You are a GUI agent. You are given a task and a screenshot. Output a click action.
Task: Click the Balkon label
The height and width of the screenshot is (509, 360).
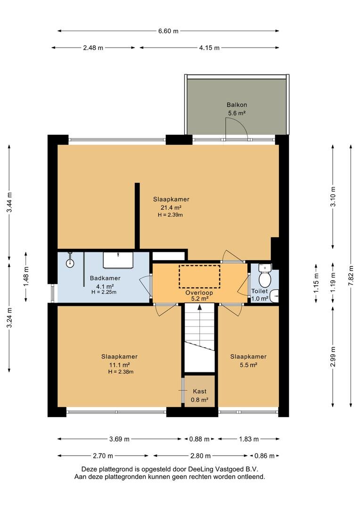click(x=237, y=105)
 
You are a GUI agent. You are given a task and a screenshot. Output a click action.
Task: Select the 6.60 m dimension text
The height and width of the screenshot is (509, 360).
click(x=168, y=31)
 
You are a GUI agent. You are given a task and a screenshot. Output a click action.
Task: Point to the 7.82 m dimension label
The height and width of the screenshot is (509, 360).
click(x=351, y=275)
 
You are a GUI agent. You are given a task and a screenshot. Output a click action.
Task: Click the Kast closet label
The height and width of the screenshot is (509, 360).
click(x=199, y=392)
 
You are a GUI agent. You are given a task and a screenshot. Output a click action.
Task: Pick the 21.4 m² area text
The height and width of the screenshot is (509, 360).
click(x=171, y=208)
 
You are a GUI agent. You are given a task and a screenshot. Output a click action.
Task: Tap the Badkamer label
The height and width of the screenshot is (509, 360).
click(x=105, y=278)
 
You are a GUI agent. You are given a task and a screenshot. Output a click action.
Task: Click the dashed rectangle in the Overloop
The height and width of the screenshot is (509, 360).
click(x=199, y=276)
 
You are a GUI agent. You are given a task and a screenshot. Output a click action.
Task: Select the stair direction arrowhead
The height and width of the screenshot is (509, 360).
click(x=199, y=307)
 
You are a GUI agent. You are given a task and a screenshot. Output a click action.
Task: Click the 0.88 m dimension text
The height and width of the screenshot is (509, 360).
click(x=199, y=439)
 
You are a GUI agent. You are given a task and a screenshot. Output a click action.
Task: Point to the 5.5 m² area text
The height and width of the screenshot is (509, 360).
click(x=248, y=365)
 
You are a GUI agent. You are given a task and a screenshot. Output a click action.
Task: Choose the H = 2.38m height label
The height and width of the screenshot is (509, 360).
click(x=121, y=372)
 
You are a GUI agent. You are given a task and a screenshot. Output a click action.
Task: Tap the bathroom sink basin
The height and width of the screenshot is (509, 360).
click(x=118, y=260)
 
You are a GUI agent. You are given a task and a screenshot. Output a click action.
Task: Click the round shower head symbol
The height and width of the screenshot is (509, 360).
click(x=70, y=263)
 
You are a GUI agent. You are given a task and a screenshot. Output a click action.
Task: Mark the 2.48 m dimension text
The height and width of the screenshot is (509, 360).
click(x=93, y=48)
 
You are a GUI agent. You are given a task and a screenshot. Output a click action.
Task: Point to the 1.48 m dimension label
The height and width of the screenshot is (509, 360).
click(x=26, y=277)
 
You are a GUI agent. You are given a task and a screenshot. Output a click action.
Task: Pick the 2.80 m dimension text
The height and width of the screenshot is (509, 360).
click(x=201, y=456)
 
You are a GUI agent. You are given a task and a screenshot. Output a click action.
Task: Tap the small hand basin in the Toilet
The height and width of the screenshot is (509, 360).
click(x=275, y=296)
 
